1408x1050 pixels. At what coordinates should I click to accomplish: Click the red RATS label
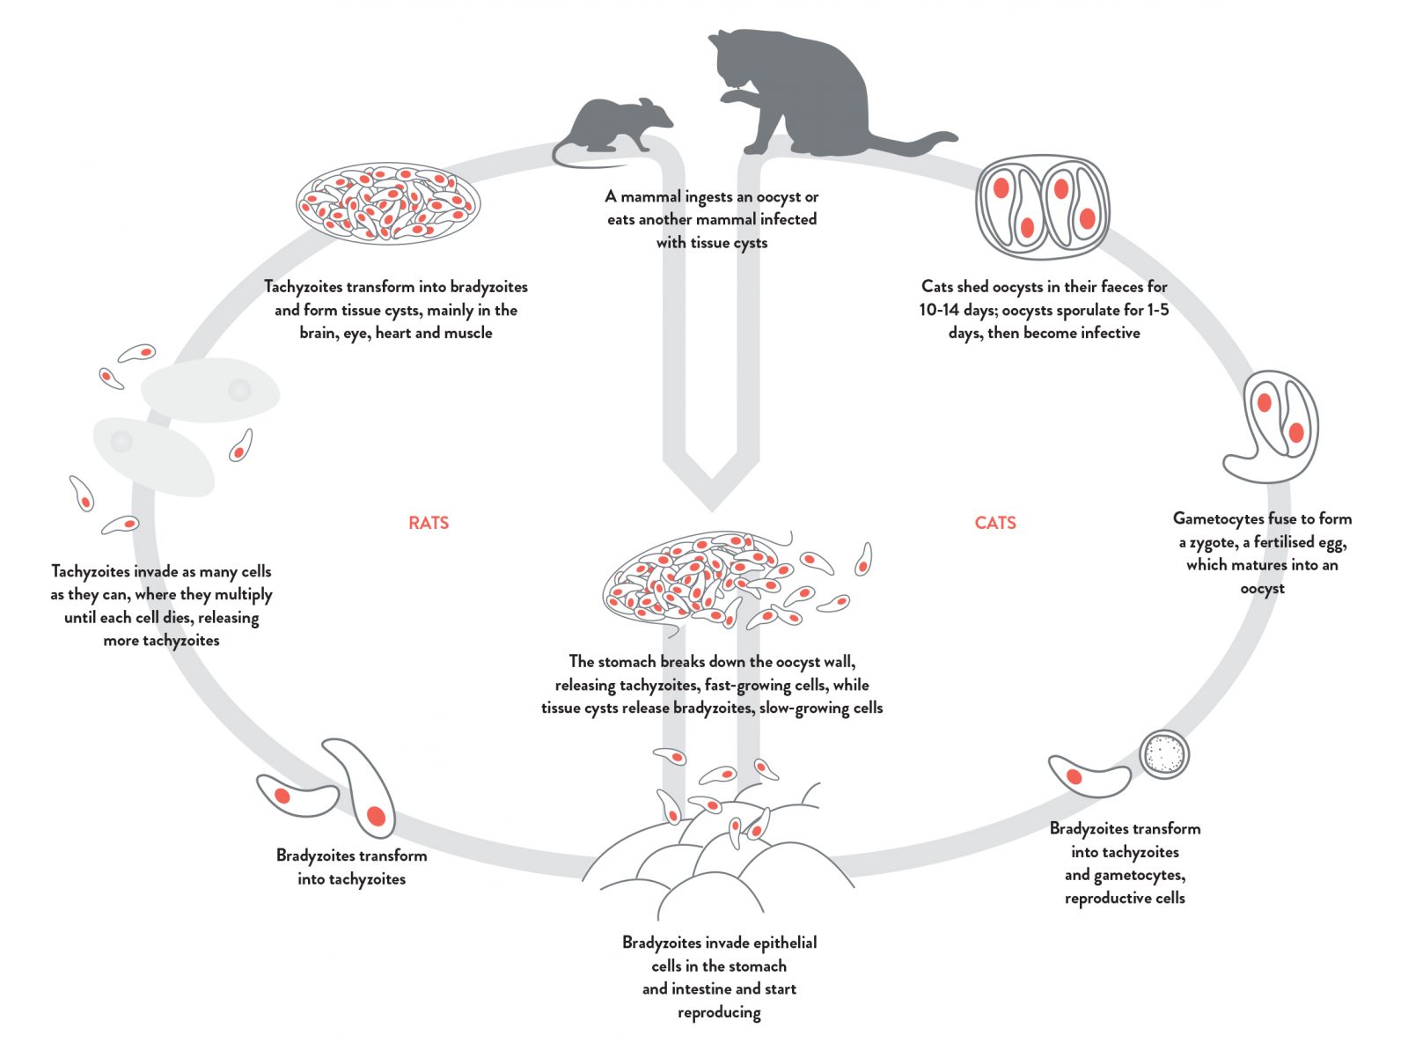pyautogui.click(x=429, y=523)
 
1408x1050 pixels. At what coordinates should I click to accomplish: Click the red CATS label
pyautogui.click(x=995, y=523)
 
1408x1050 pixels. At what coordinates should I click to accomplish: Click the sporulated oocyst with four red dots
pyautogui.click(x=1043, y=208)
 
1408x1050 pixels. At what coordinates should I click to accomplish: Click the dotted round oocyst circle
pyautogui.click(x=1164, y=754)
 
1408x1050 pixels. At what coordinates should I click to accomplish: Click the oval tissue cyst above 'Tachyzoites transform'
pyautogui.click(x=387, y=203)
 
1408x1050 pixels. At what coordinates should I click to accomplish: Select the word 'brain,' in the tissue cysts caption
pyautogui.click(x=319, y=333)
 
